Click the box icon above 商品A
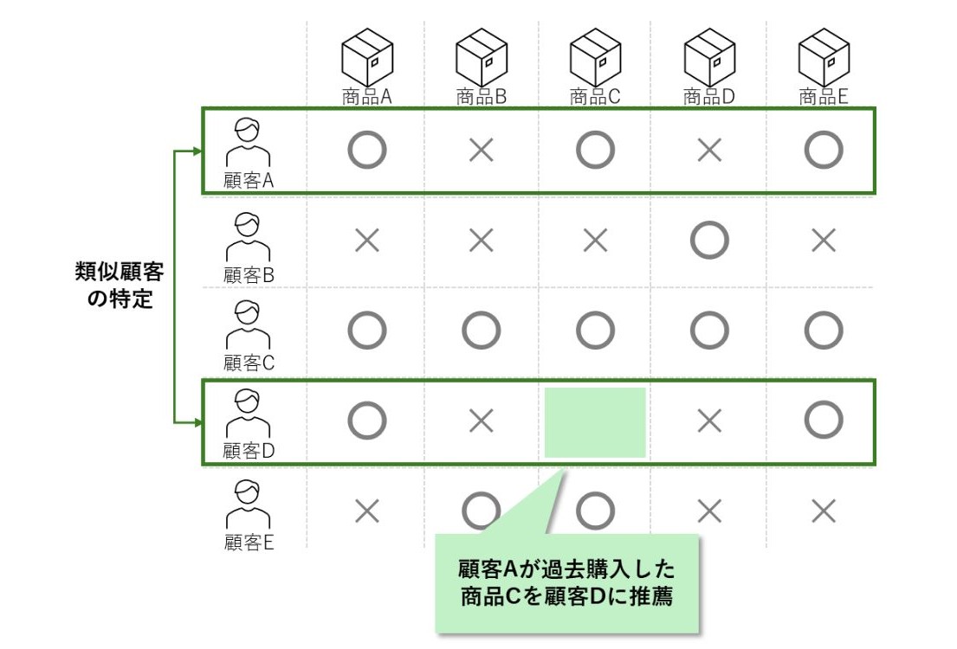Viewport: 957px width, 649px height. coord(367,57)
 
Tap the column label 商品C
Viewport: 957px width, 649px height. coord(595,97)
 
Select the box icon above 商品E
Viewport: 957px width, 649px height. coord(823,57)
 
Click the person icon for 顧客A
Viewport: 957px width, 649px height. coord(248,143)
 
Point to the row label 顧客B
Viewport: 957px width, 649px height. coord(249,276)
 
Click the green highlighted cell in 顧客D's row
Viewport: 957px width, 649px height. coord(595,422)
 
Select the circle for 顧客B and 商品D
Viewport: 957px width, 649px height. coord(709,241)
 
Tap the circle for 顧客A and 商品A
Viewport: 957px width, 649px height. coord(367,151)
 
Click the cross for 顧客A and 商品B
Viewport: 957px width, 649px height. coord(481,151)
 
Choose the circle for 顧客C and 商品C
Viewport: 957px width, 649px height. coord(595,330)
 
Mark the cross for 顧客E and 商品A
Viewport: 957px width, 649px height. coord(367,512)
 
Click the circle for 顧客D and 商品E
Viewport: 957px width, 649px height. coord(823,421)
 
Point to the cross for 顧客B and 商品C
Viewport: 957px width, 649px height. coord(595,241)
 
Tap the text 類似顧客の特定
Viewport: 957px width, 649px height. coord(120,286)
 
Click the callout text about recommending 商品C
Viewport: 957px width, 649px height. coord(566,583)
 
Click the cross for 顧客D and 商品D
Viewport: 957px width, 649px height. coord(709,421)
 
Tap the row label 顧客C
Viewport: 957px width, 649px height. coord(249,363)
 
